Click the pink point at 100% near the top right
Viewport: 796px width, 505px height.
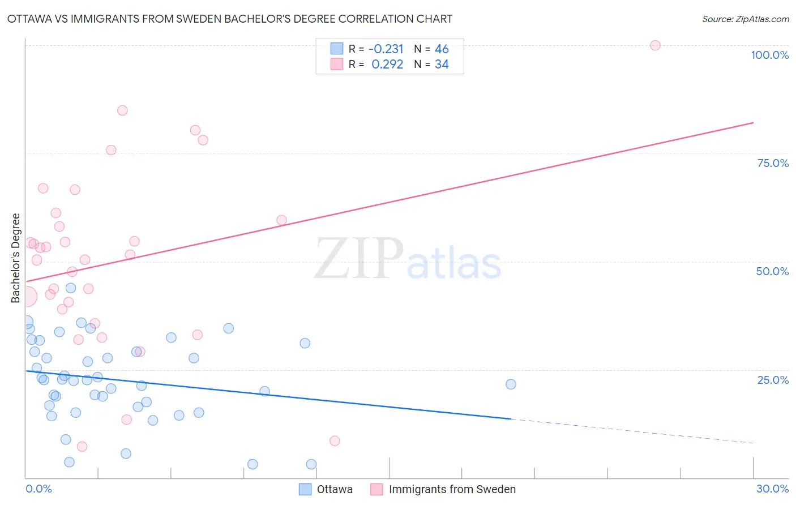click(x=655, y=45)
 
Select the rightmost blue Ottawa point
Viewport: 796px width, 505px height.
click(x=511, y=384)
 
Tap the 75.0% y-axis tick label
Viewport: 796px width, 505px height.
click(x=773, y=163)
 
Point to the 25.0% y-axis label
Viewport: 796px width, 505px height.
click(x=773, y=380)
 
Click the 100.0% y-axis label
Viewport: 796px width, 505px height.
click(x=769, y=55)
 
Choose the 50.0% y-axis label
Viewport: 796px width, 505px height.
click(x=772, y=271)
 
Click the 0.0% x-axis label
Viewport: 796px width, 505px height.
click(x=38, y=489)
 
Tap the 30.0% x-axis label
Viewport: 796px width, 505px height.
click(x=772, y=489)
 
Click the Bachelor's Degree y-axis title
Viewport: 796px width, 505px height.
click(x=16, y=258)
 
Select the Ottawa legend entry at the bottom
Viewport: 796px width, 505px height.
click(x=334, y=489)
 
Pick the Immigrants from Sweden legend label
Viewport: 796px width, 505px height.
click(x=452, y=489)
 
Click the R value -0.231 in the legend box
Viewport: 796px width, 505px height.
click(x=386, y=49)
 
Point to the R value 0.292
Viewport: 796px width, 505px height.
click(x=387, y=65)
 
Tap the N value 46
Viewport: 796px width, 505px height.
click(x=442, y=49)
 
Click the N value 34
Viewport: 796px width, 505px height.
click(x=442, y=65)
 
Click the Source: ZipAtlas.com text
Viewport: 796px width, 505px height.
click(x=745, y=19)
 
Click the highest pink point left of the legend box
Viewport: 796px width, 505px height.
click(x=122, y=110)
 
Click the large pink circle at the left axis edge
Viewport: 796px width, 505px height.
click(x=27, y=296)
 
